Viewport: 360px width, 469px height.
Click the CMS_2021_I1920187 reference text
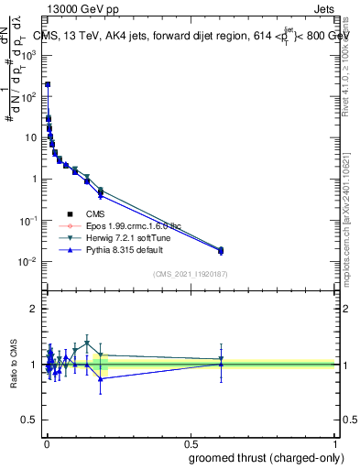(x=190, y=273)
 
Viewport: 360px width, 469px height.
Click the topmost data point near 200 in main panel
(x=48, y=84)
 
